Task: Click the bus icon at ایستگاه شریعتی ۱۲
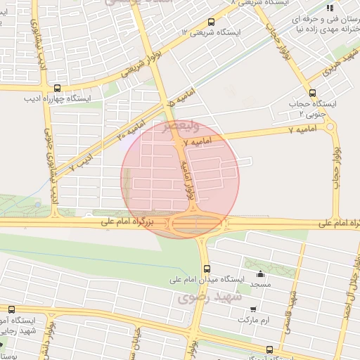tap(212, 22)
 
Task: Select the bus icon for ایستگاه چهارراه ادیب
tap(57, 88)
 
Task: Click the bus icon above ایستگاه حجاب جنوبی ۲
tap(312, 93)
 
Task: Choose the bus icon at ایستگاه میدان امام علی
tap(206, 268)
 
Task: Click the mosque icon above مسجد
tap(261, 274)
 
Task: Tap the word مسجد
tap(261, 284)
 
